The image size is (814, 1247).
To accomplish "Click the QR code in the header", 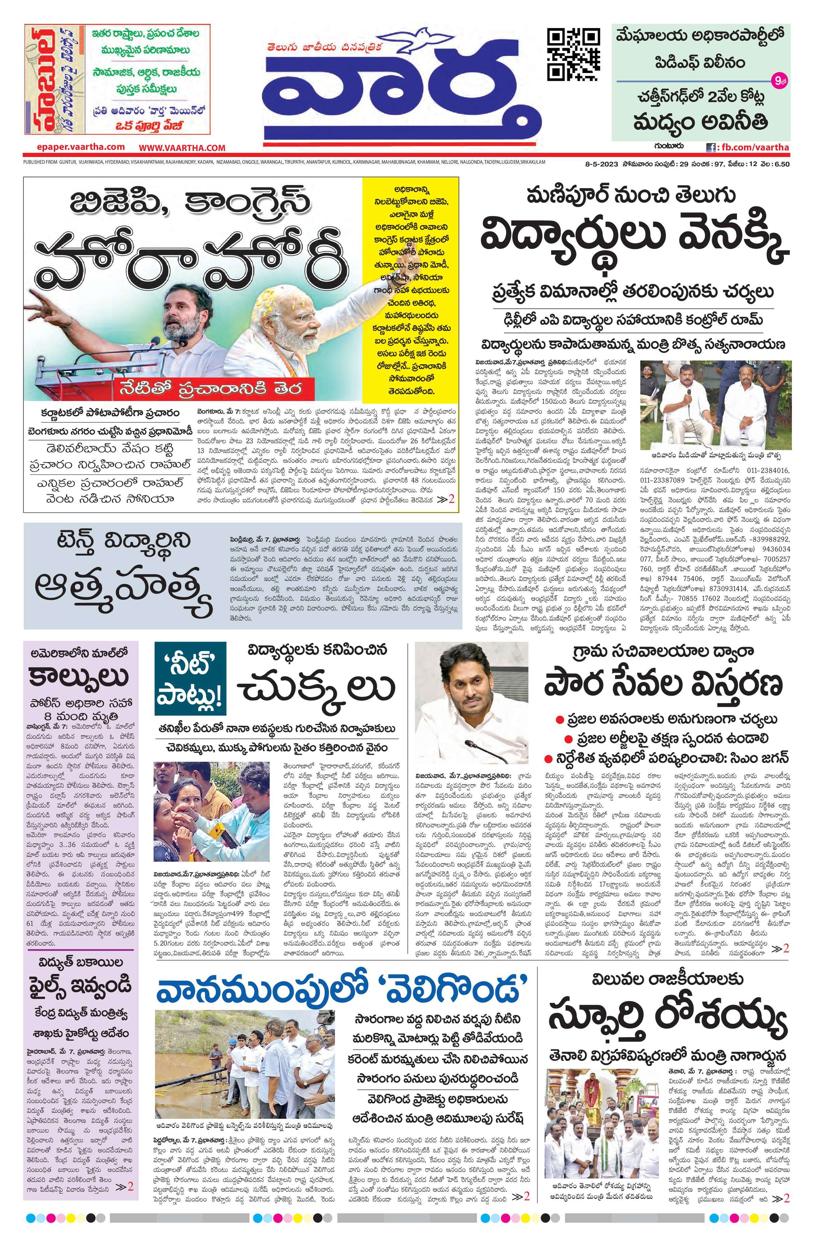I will [x=573, y=55].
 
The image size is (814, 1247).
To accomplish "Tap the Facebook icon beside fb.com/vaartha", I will [x=711, y=147].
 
